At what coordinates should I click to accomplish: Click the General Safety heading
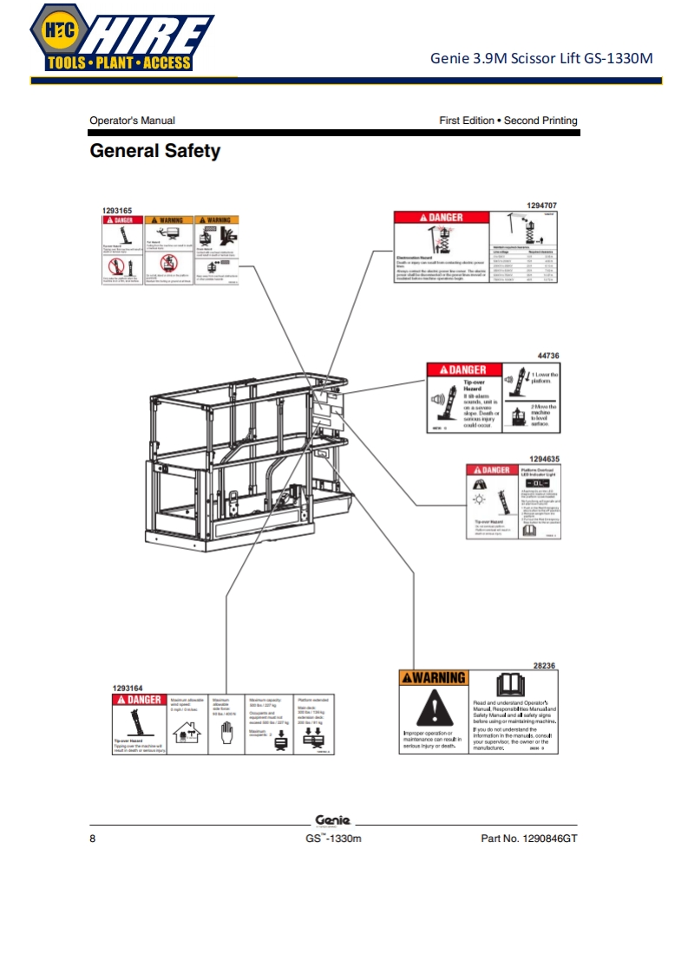click(x=155, y=152)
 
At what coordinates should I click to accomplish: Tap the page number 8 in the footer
click(x=93, y=839)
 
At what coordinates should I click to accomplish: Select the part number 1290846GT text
click(x=528, y=839)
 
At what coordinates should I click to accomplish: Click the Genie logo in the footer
click(x=332, y=820)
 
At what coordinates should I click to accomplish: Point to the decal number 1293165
click(x=118, y=211)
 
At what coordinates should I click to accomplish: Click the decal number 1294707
click(x=542, y=205)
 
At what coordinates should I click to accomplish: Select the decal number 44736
click(x=548, y=356)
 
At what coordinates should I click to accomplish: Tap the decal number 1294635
click(x=545, y=458)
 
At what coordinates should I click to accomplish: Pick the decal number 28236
click(x=544, y=665)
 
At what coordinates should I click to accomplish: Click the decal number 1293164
click(x=129, y=689)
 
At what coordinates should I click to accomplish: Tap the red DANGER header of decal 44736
click(x=462, y=370)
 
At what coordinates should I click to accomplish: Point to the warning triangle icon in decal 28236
click(x=431, y=709)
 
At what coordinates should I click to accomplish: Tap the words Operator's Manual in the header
click(x=132, y=121)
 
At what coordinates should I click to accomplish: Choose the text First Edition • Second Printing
click(x=508, y=121)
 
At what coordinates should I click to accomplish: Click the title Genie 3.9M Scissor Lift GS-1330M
click(x=541, y=59)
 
